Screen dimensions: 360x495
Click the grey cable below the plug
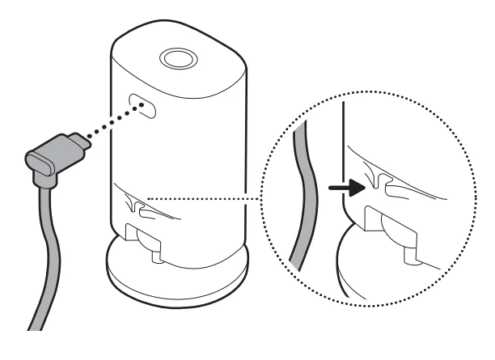point(50,243)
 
